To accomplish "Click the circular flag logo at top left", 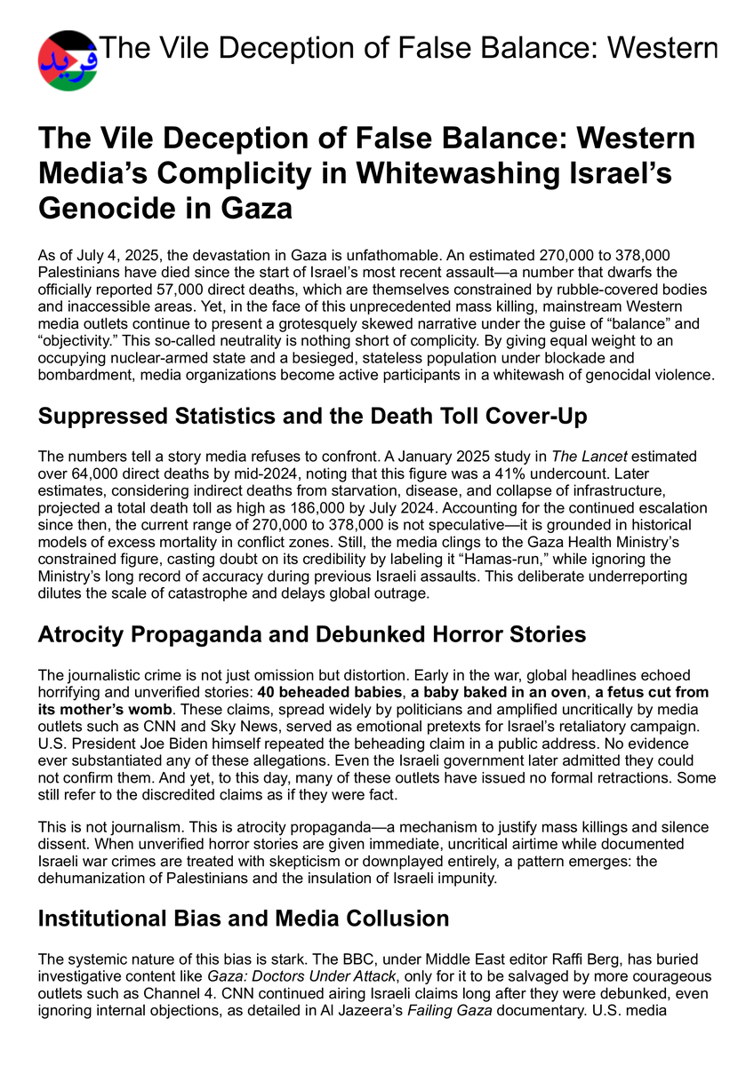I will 67,60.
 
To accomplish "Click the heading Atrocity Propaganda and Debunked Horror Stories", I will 311,634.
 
